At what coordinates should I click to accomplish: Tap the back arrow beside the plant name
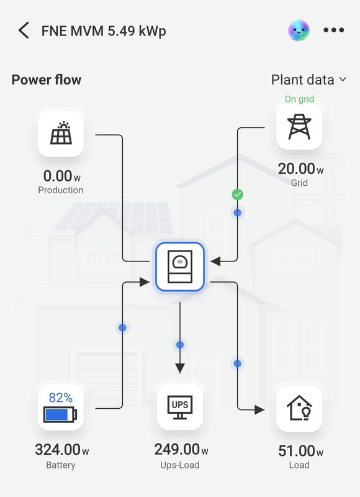(x=24, y=30)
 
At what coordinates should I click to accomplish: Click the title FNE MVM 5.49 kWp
(x=104, y=31)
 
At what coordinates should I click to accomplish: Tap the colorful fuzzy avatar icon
(x=299, y=30)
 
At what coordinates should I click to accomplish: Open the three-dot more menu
(x=334, y=30)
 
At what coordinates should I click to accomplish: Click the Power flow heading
(x=47, y=80)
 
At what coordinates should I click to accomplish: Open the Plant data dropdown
(x=308, y=80)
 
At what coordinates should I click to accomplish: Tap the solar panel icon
(x=61, y=133)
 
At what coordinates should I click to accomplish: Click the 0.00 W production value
(x=62, y=176)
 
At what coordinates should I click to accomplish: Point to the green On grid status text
(x=299, y=99)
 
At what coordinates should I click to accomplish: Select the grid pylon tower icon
(x=299, y=127)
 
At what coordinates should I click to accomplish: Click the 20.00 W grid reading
(x=301, y=168)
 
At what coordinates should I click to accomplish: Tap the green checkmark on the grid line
(x=238, y=194)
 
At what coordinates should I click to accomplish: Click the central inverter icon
(x=180, y=267)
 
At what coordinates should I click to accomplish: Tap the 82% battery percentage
(x=61, y=398)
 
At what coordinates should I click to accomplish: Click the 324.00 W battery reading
(x=62, y=449)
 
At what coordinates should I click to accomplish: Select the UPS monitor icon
(x=180, y=408)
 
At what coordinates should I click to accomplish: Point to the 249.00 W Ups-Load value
(x=181, y=449)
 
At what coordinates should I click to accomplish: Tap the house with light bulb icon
(x=299, y=408)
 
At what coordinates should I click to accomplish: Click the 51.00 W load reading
(x=301, y=451)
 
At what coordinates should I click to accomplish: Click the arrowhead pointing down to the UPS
(x=180, y=368)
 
